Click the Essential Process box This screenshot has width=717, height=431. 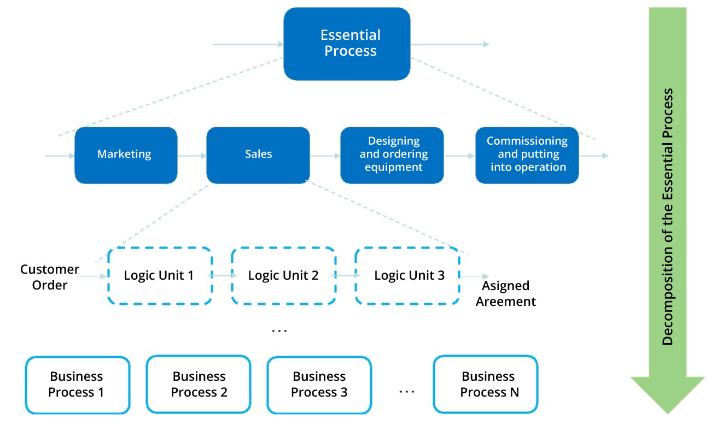(347, 44)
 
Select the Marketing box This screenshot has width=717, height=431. (126, 155)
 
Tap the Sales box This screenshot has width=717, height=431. (258, 155)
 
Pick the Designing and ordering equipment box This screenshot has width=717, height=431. (392, 155)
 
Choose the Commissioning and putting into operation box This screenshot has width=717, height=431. (527, 155)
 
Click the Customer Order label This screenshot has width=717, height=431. (50, 277)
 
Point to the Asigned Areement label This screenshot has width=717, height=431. (506, 293)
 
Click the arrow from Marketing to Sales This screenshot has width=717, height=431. (192, 156)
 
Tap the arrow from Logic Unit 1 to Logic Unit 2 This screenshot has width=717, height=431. (223, 275)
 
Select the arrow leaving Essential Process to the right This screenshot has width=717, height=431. (450, 44)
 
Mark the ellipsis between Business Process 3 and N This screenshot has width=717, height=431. (407, 391)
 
